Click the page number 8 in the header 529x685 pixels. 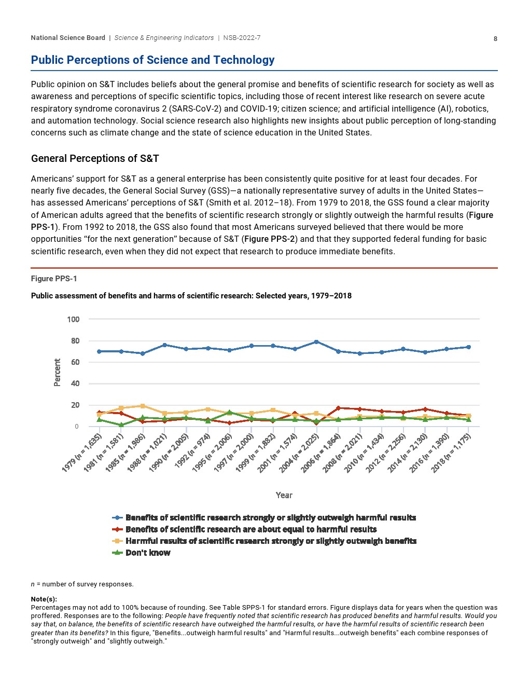click(495, 39)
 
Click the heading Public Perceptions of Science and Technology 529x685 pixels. click(152, 60)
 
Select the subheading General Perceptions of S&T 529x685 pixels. click(95, 158)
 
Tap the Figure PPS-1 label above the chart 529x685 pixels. click(54, 279)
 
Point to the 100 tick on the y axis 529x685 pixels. click(73, 319)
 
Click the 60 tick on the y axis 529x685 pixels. click(75, 362)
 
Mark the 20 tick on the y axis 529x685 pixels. click(75, 405)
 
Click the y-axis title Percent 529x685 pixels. click(58, 372)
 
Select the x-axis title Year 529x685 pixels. click(284, 495)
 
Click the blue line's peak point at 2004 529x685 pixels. click(316, 342)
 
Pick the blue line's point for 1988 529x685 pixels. click(164, 345)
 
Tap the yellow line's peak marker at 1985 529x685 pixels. click(143, 406)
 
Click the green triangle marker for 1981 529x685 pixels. click(121, 425)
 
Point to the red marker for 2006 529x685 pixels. click(338, 408)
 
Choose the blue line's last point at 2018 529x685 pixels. click(468, 347)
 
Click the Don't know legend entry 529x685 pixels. click(147, 553)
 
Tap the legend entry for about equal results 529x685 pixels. click(250, 529)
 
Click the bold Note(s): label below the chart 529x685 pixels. click(44, 599)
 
